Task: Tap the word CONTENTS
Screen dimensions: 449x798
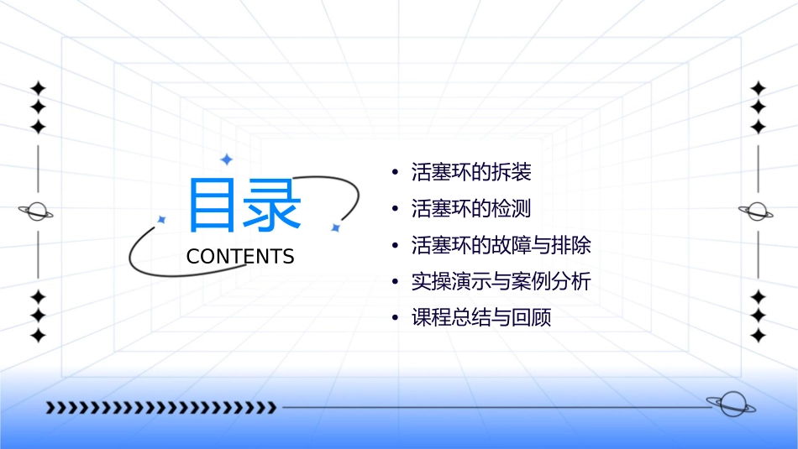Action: pyautogui.click(x=240, y=257)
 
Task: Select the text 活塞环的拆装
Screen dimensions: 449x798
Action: pyautogui.click(x=471, y=173)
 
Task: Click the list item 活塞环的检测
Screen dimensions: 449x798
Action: pyautogui.click(x=471, y=209)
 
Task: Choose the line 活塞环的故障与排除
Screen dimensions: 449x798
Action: pyautogui.click(x=501, y=245)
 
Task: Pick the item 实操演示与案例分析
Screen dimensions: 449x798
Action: pyautogui.click(x=501, y=282)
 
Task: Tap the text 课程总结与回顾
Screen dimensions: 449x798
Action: pyautogui.click(x=481, y=318)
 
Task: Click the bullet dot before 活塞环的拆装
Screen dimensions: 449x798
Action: pyautogui.click(x=396, y=174)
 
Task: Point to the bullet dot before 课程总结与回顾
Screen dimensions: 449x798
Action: pyautogui.click(x=396, y=319)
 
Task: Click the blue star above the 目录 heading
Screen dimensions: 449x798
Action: pyautogui.click(x=225, y=159)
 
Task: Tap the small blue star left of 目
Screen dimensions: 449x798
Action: pyautogui.click(x=161, y=219)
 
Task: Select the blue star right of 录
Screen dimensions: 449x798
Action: pyautogui.click(x=334, y=227)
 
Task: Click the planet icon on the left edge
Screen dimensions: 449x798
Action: pyautogui.click(x=37, y=211)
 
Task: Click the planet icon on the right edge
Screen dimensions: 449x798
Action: pyautogui.click(x=757, y=211)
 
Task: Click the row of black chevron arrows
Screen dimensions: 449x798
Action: pyautogui.click(x=160, y=408)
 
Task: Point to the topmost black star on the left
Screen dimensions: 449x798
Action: pyautogui.click(x=38, y=88)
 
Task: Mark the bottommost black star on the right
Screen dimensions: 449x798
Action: pyautogui.click(x=759, y=336)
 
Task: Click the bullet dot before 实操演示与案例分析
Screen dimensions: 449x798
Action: pyautogui.click(x=396, y=283)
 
